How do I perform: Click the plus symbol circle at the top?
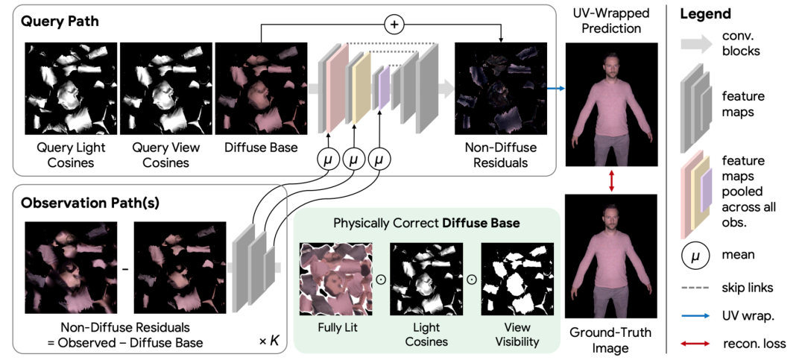coord(394,24)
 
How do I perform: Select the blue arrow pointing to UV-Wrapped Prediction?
coord(555,88)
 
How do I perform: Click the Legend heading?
coord(707,14)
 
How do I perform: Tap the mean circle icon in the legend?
coord(694,254)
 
